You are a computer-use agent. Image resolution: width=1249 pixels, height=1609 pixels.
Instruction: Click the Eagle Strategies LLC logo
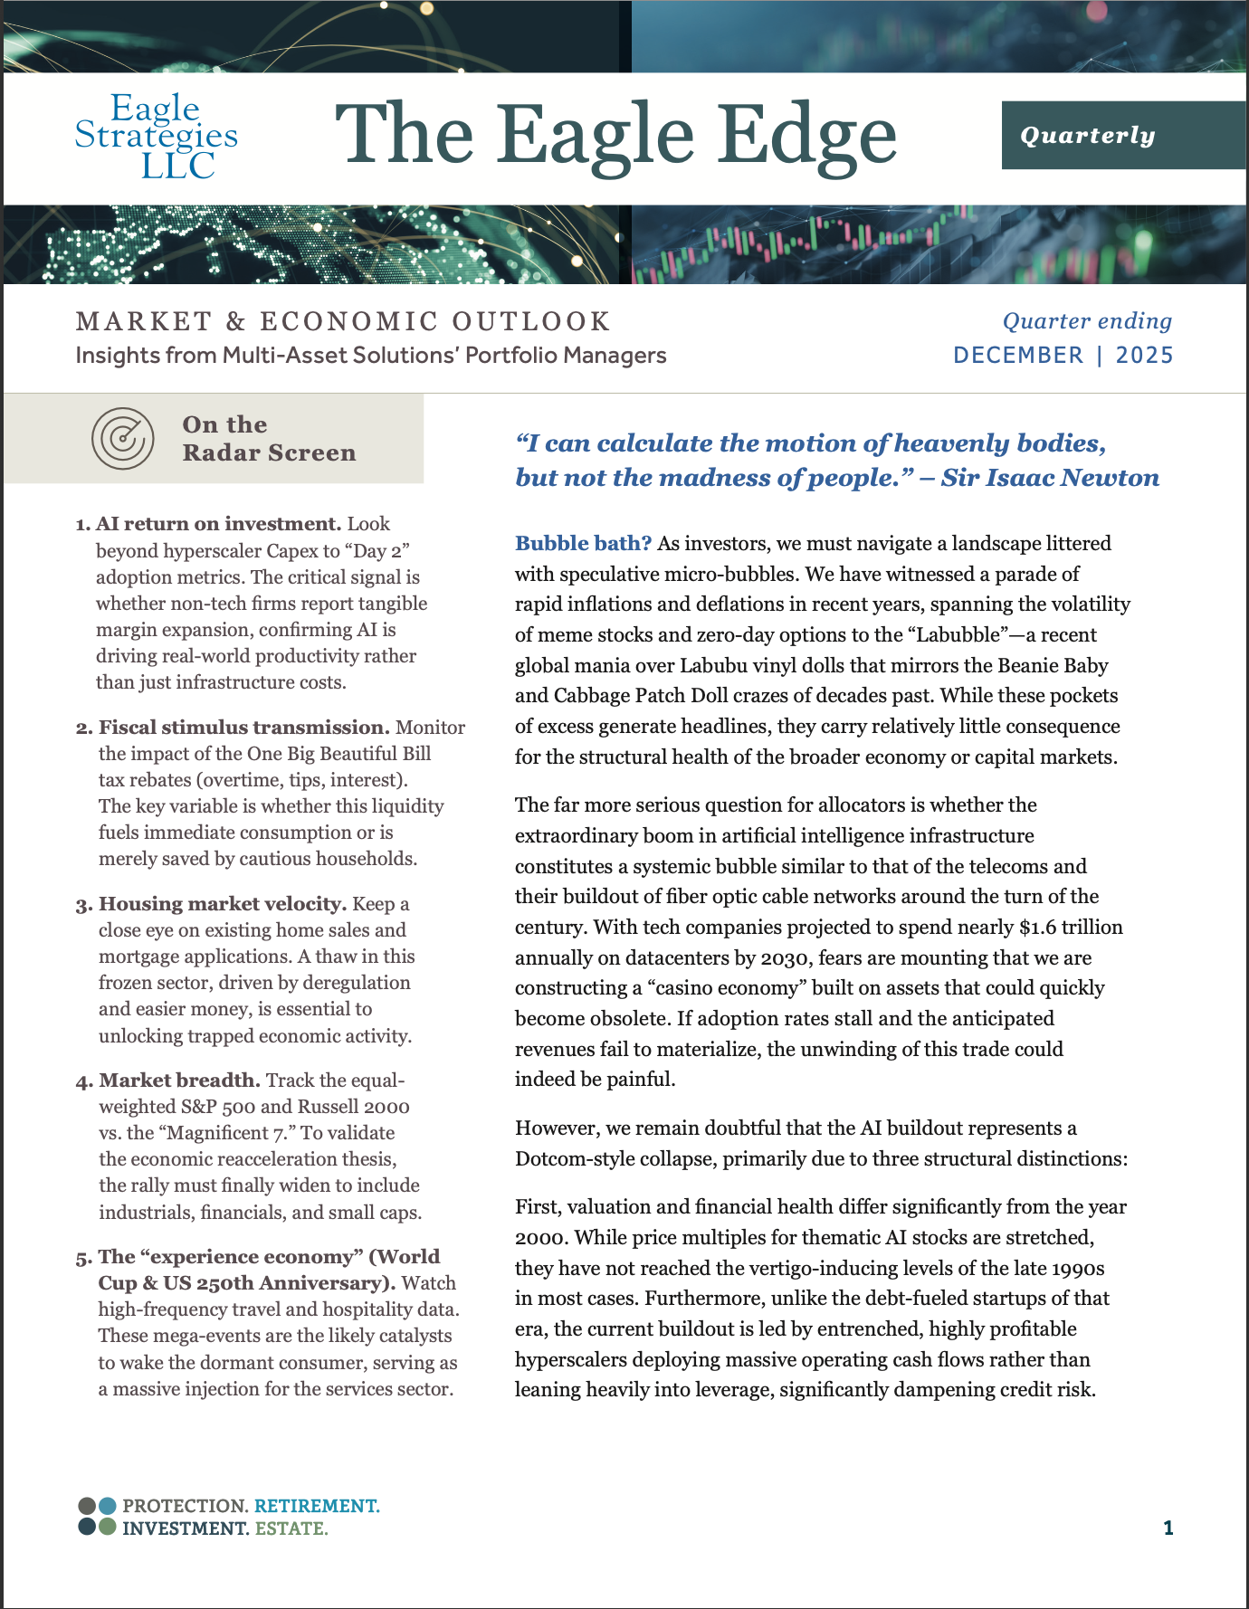tap(156, 137)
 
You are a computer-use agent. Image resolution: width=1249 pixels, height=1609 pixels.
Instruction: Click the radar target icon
tap(122, 439)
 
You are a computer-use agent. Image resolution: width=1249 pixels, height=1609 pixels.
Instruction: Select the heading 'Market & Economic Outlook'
tap(343, 321)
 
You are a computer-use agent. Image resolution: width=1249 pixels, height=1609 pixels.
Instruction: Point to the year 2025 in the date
tap(1144, 355)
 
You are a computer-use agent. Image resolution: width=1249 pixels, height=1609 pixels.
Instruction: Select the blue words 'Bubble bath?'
tap(583, 543)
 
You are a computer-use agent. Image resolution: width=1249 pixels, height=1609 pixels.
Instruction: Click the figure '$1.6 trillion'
tap(1071, 927)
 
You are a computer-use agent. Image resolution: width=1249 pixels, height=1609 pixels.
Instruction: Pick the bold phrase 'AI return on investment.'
tap(218, 524)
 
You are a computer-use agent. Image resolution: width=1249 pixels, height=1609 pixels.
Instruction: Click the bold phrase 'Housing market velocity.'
tap(223, 904)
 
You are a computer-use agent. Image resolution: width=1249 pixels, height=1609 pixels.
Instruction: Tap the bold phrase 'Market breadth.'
tap(180, 1081)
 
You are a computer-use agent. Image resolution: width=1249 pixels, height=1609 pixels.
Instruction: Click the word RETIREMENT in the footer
tap(317, 1506)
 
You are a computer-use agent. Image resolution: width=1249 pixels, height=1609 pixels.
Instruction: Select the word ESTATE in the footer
tap(291, 1528)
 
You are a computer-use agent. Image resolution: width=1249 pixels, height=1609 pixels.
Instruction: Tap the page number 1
tap(1168, 1528)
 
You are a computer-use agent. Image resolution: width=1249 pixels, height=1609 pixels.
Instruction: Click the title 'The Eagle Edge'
tap(615, 137)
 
